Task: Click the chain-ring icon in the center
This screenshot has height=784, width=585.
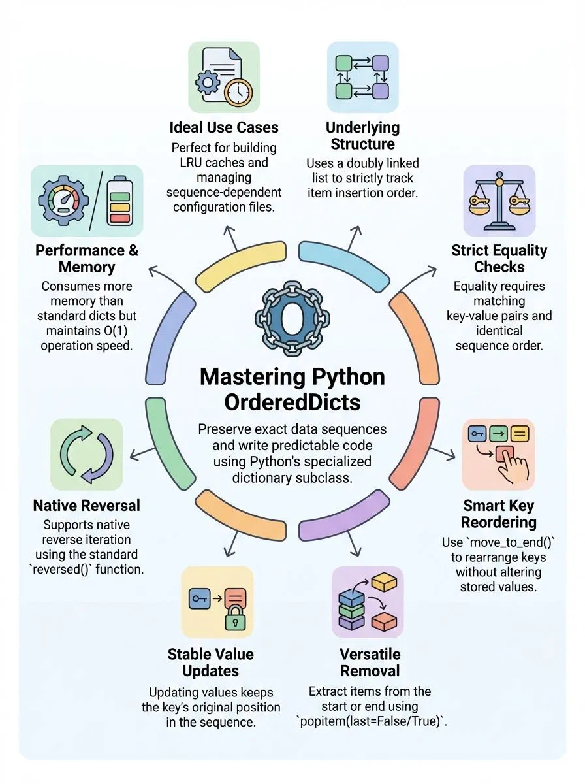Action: click(292, 318)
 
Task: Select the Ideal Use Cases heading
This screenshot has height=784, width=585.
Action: click(224, 127)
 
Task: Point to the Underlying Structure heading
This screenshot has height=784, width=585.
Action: click(362, 135)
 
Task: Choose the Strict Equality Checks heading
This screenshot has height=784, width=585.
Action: click(499, 258)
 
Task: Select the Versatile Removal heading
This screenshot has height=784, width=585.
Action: click(370, 662)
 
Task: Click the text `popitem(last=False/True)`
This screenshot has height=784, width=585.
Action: click(370, 721)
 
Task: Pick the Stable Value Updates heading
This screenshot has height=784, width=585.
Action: click(210, 662)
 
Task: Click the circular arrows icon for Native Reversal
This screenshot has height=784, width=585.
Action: click(86, 454)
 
